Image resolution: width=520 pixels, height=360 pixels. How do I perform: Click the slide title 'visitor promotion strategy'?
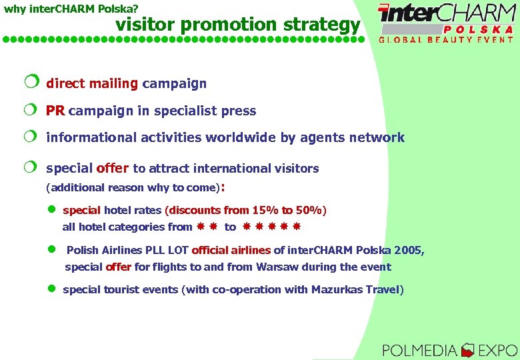pyautogui.click(x=238, y=25)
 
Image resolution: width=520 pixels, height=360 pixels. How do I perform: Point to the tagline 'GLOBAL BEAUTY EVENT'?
pyautogui.click(x=446, y=40)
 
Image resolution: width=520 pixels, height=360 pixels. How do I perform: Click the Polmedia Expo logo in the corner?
pyautogui.click(x=449, y=349)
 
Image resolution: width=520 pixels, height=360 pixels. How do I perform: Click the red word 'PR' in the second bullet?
pyautogui.click(x=55, y=111)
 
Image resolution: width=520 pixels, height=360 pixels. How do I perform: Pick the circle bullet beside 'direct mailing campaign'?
pyautogui.click(x=31, y=83)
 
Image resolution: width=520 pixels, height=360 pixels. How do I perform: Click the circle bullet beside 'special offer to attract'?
pyautogui.click(x=31, y=167)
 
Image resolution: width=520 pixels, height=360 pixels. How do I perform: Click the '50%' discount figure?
pyautogui.click(x=307, y=211)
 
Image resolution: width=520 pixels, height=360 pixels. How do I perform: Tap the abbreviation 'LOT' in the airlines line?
pyautogui.click(x=177, y=251)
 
